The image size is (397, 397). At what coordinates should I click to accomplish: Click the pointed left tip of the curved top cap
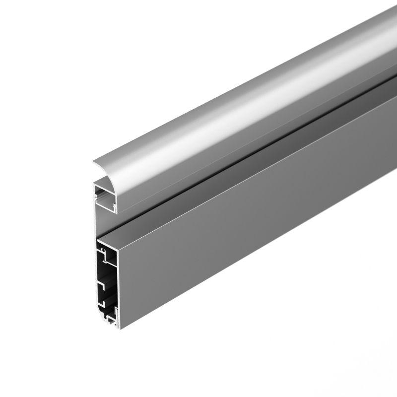tap(93, 162)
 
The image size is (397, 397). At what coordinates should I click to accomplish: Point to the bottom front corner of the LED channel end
tap(116, 213)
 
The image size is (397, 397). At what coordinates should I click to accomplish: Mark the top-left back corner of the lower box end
tap(98, 240)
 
